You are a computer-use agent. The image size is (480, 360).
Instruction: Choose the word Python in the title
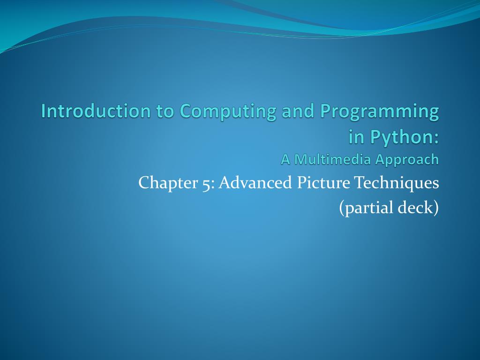point(401,137)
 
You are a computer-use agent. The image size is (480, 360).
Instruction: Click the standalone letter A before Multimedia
point(285,160)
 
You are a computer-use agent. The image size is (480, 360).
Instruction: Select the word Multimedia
point(332,160)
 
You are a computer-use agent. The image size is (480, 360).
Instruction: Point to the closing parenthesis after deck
point(436,208)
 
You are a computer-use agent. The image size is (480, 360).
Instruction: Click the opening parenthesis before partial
point(342,208)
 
